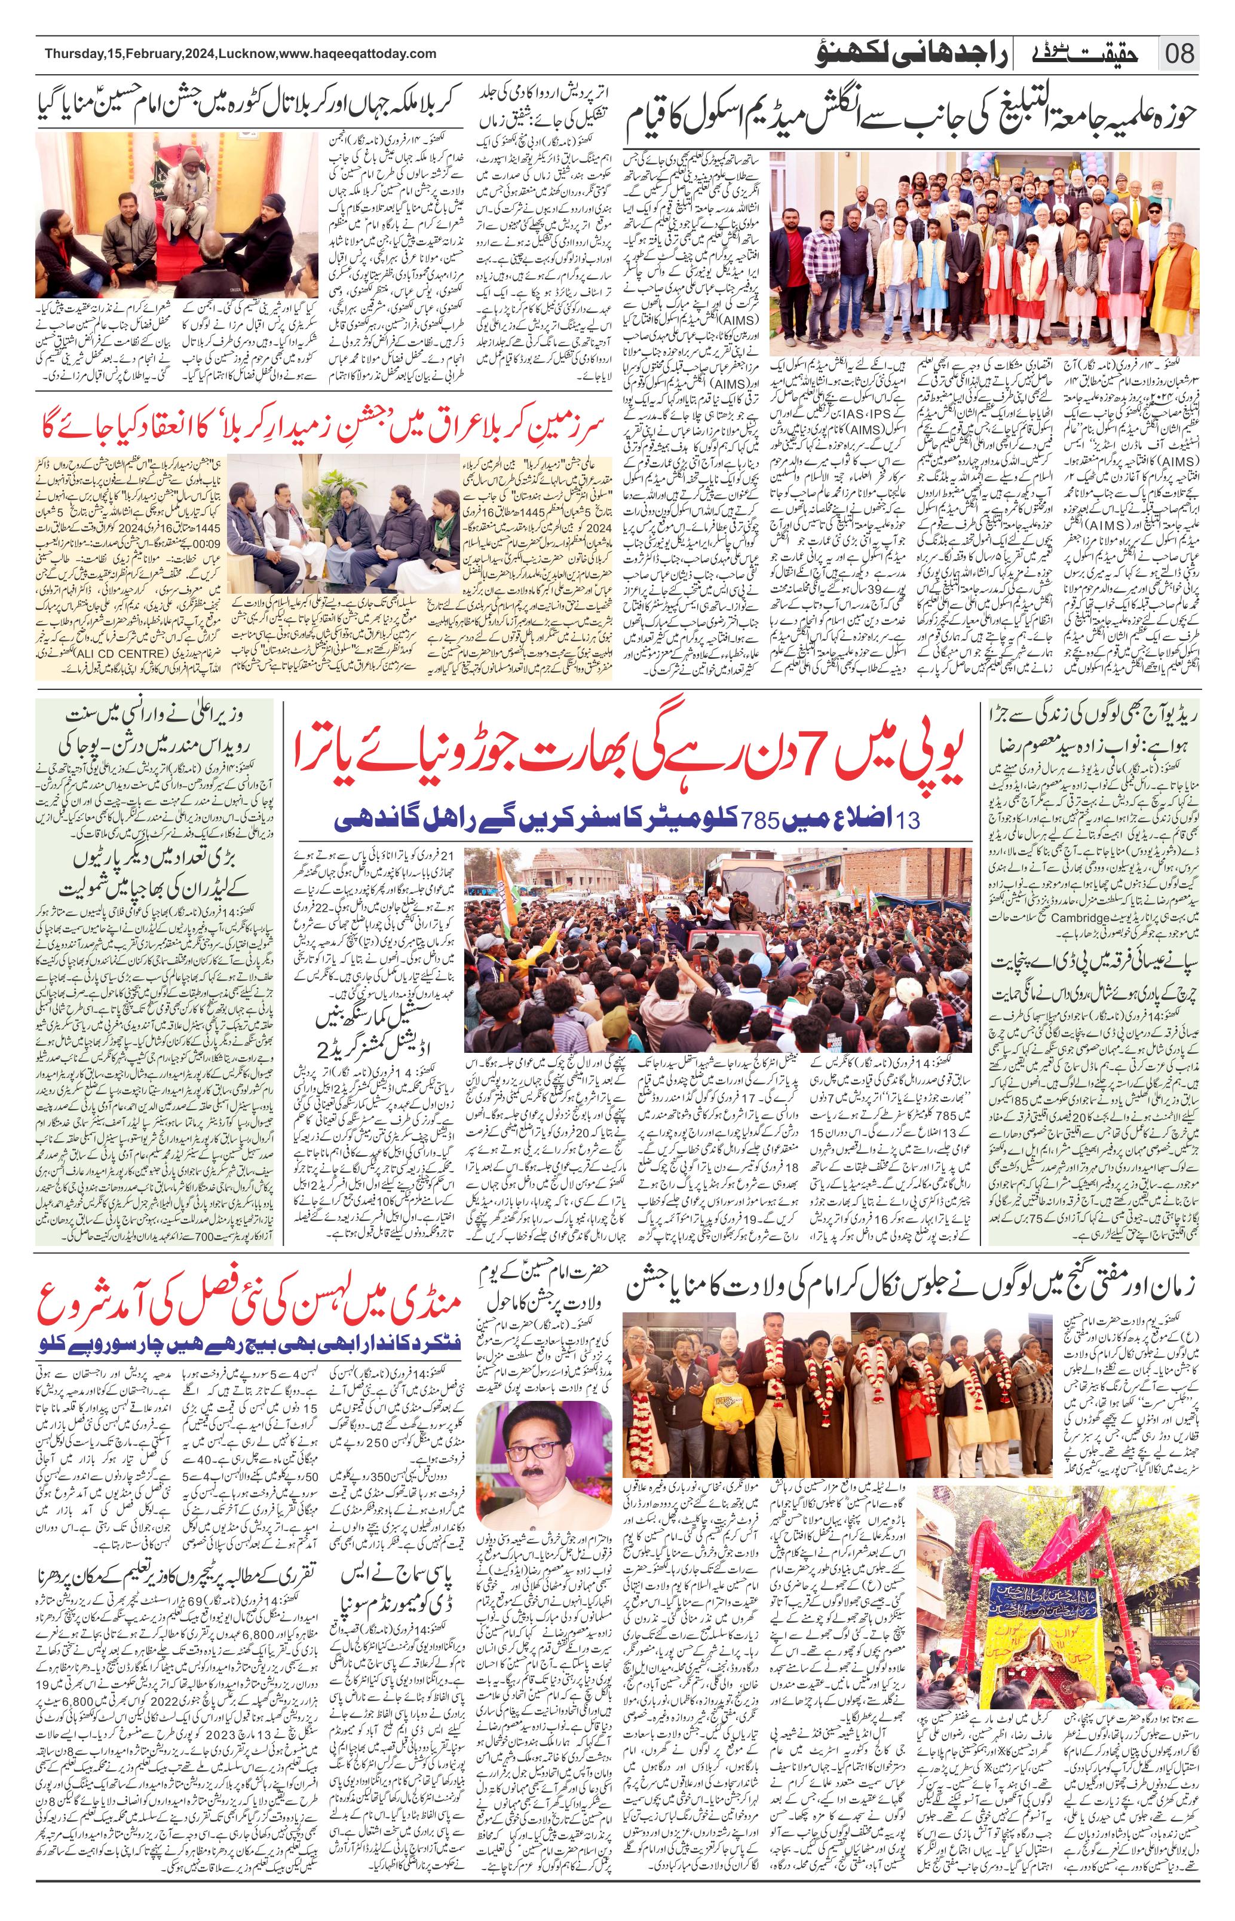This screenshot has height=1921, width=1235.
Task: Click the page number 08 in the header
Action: [1178, 54]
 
